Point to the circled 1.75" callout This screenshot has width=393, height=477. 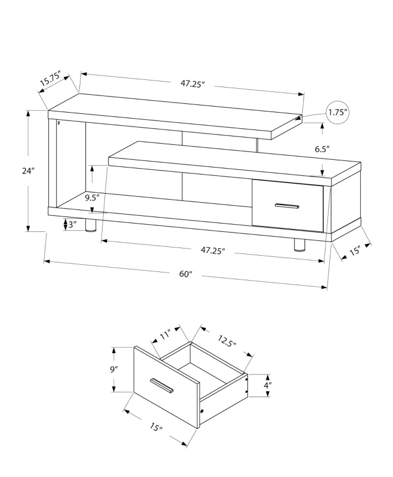(x=338, y=112)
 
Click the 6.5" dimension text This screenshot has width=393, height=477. (x=323, y=150)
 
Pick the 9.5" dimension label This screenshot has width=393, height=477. (x=91, y=197)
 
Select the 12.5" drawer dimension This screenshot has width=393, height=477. (x=227, y=341)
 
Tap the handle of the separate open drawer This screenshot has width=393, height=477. (x=162, y=386)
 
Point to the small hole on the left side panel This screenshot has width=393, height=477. (x=59, y=124)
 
